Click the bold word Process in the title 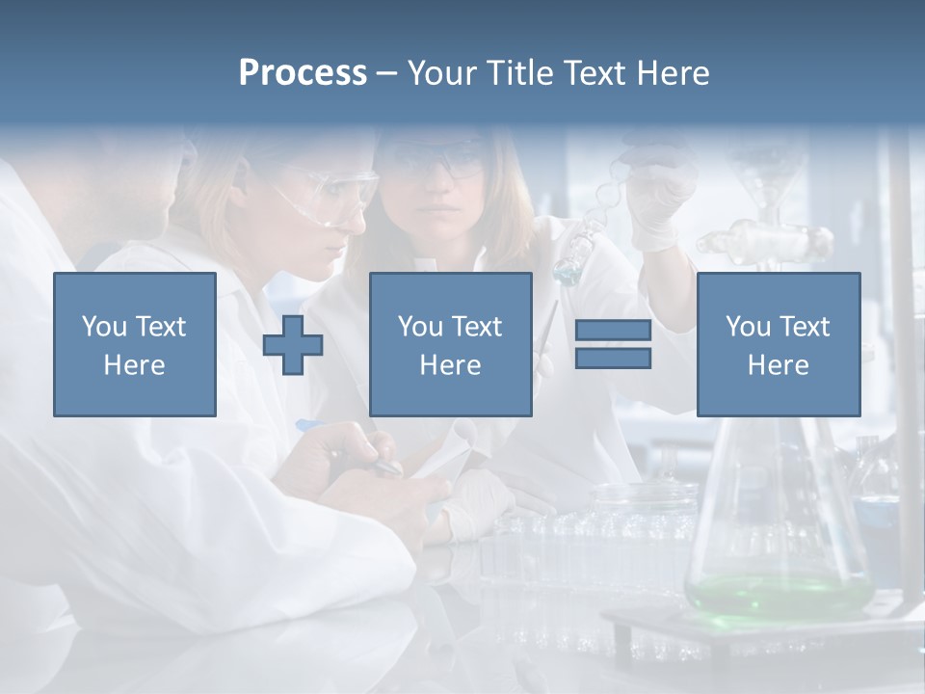pyautogui.click(x=303, y=73)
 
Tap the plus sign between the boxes pyautogui.click(x=293, y=345)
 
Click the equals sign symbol pyautogui.click(x=613, y=345)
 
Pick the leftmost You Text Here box pyautogui.click(x=135, y=345)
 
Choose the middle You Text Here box pyautogui.click(x=450, y=345)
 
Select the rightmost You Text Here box pyautogui.click(x=779, y=345)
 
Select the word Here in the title pyautogui.click(x=673, y=73)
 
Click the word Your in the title pyautogui.click(x=439, y=73)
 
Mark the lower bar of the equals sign pyautogui.click(x=613, y=359)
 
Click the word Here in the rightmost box pyautogui.click(x=779, y=365)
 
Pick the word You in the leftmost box pyautogui.click(x=102, y=327)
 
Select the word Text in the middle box pyautogui.click(x=476, y=327)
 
